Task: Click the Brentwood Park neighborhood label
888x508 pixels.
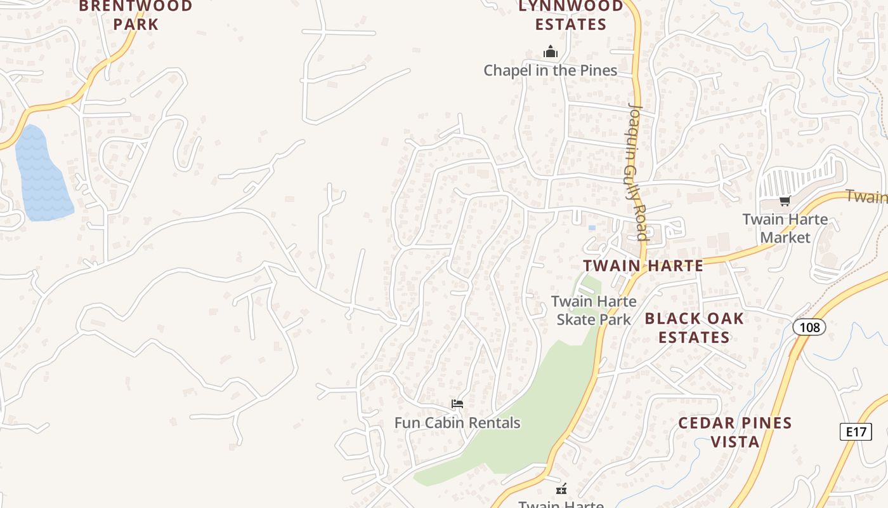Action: click(135, 15)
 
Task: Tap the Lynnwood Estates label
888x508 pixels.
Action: click(571, 15)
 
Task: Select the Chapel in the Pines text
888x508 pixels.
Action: click(550, 70)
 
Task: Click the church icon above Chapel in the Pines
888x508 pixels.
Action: click(551, 51)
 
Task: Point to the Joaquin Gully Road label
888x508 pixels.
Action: click(636, 171)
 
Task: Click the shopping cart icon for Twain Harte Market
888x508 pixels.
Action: click(785, 201)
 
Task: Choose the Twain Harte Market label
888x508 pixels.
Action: click(785, 229)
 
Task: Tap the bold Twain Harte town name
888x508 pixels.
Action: click(643, 265)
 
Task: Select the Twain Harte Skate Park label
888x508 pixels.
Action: click(594, 311)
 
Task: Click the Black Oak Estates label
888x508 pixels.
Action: click(694, 328)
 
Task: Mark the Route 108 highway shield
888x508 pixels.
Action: click(809, 328)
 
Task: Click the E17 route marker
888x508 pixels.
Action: click(856, 432)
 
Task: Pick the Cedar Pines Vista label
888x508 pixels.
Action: click(735, 432)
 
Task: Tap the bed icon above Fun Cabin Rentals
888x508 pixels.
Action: click(457, 404)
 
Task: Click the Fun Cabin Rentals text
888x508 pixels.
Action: click(457, 423)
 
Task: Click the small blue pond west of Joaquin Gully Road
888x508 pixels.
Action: click(592, 227)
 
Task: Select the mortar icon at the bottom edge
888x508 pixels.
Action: click(561, 489)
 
